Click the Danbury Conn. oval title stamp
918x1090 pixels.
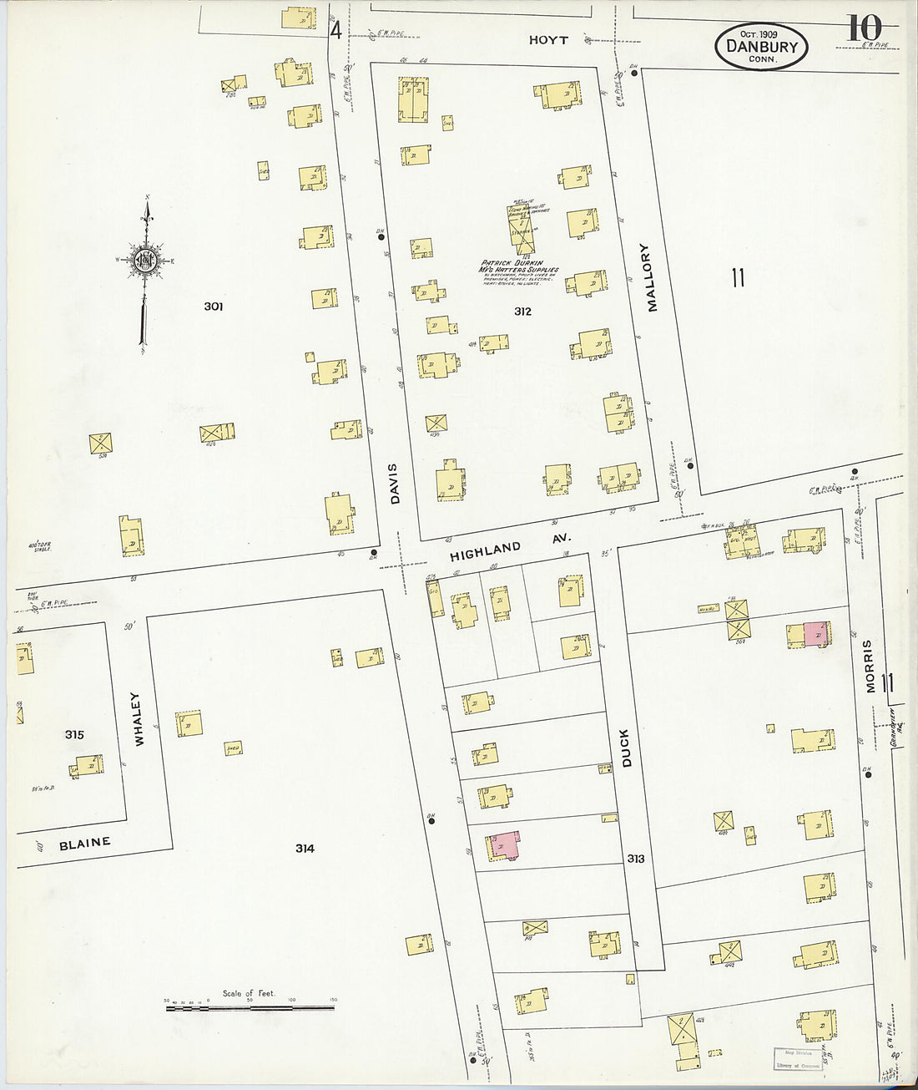761,46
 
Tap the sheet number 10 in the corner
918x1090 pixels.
865,28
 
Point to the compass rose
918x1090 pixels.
147,261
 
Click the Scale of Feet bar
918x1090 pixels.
250,1007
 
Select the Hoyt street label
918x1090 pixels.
548,40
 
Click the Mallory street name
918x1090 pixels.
652,277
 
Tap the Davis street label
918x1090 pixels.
395,484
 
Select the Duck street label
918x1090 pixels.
625,748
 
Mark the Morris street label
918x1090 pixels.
869,666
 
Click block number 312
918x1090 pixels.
523,312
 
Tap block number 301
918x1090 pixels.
214,307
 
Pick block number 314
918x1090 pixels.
305,849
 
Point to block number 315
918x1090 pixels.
74,735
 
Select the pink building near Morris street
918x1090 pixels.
816,634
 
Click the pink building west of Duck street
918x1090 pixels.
507,844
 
